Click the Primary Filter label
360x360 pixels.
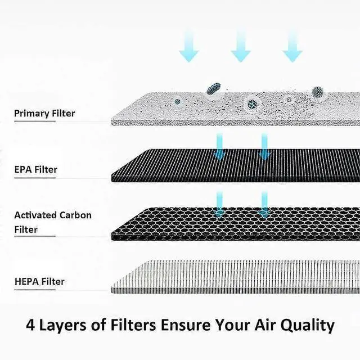click(x=44, y=114)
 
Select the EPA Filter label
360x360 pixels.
click(x=35, y=169)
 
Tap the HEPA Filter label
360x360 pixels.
click(x=39, y=281)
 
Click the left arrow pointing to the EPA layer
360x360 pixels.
click(x=219, y=146)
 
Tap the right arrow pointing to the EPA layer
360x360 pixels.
click(x=264, y=146)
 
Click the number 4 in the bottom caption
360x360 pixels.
click(x=31, y=325)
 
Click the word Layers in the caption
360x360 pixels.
click(x=66, y=326)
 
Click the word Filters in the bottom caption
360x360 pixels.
click(x=135, y=325)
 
